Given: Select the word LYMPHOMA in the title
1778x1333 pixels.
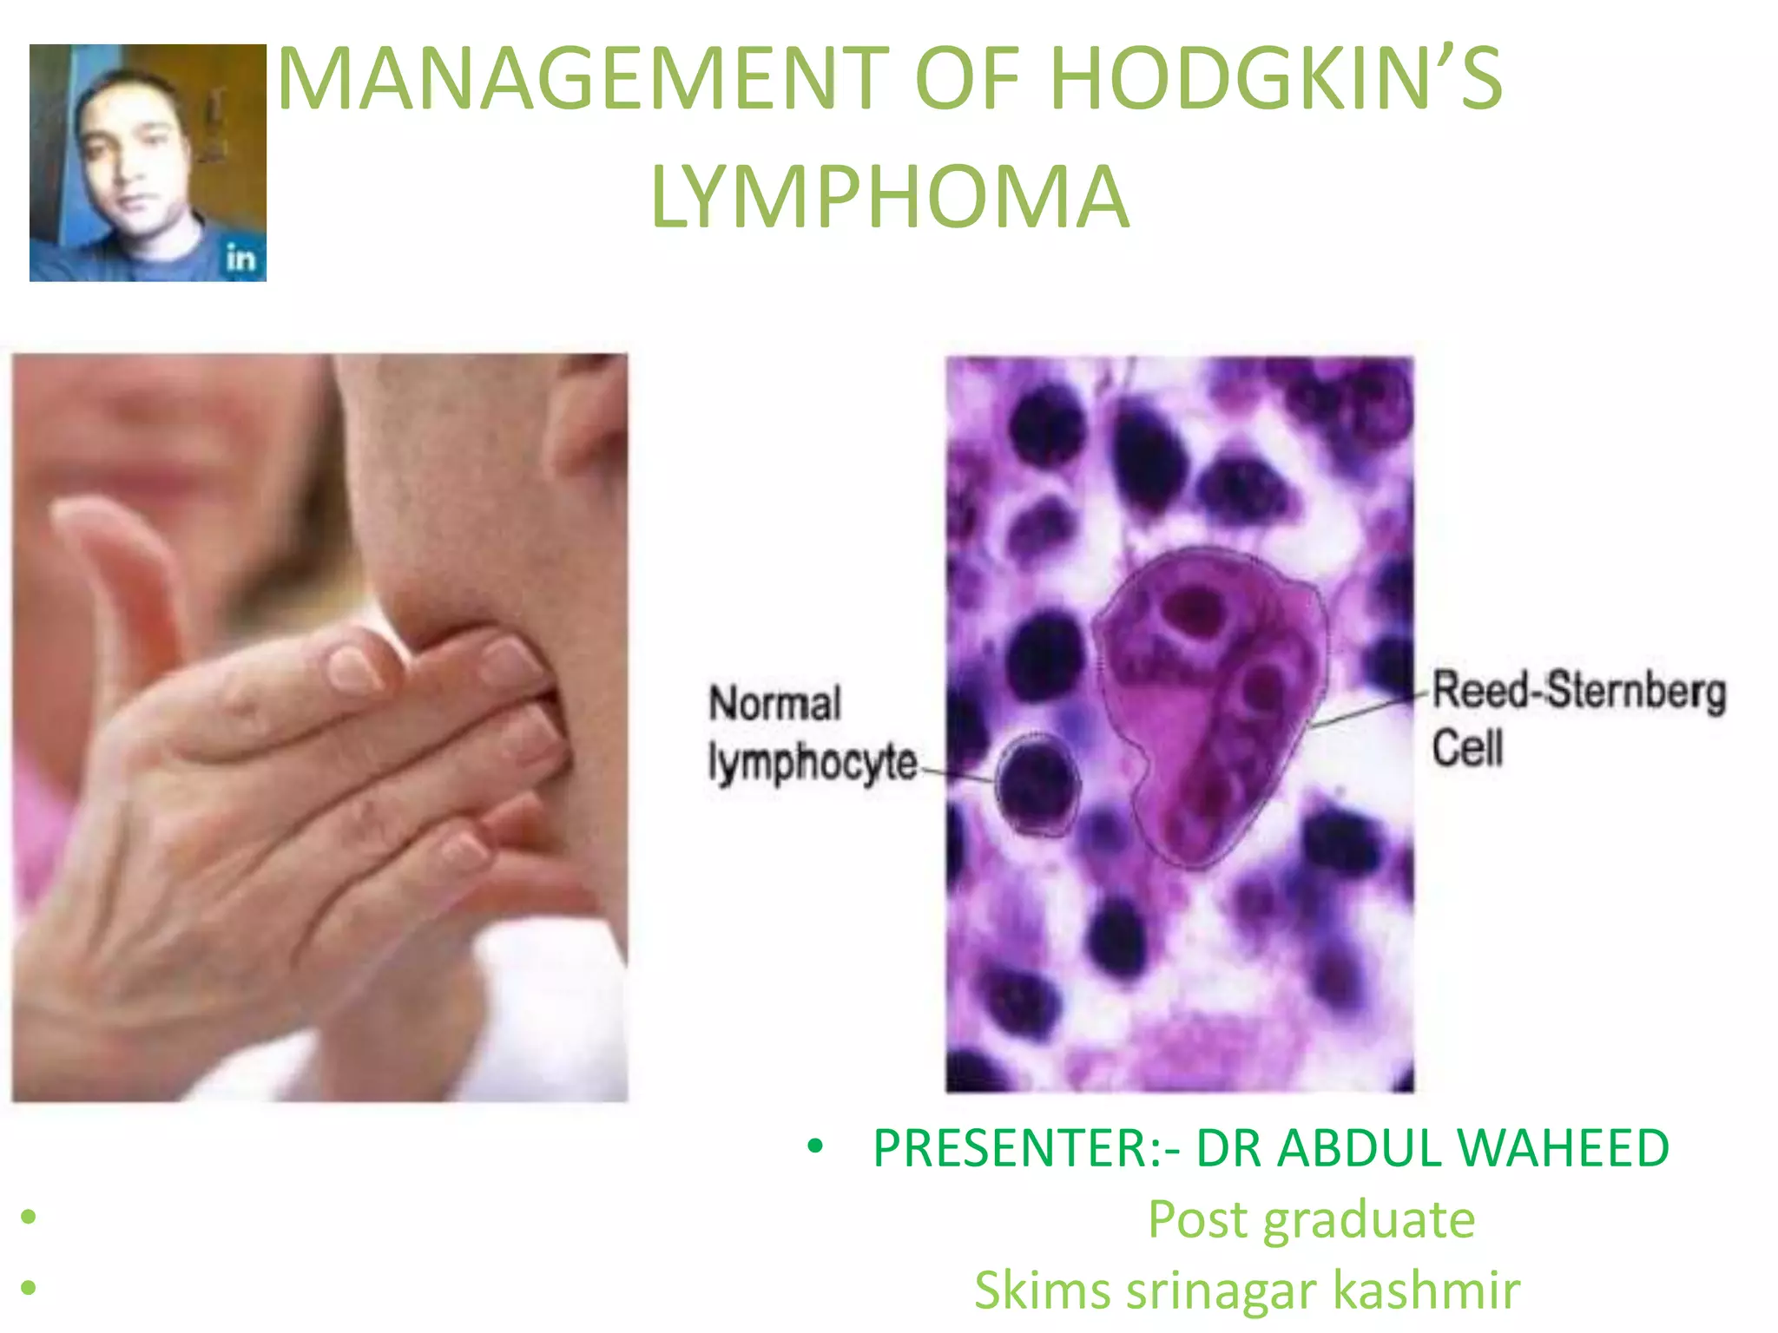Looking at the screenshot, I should tap(890, 198).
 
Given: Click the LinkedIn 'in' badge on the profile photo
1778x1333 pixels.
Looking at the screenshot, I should tap(240, 258).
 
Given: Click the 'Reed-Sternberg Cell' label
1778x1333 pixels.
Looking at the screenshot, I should tap(1576, 717).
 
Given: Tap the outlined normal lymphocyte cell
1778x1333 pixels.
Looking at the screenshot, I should tap(1037, 784).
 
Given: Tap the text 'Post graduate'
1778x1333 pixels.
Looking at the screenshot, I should tap(1311, 1219).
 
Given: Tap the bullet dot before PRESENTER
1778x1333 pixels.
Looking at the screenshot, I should tap(814, 1147).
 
